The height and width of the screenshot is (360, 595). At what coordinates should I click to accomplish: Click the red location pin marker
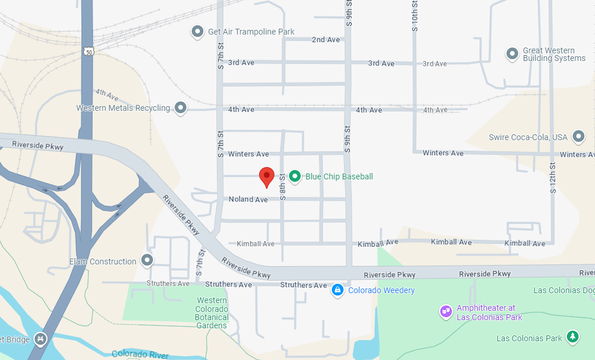coord(267,176)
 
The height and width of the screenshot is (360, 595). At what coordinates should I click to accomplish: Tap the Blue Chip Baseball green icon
coord(295,176)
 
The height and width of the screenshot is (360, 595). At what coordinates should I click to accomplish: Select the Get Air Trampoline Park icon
coord(198,32)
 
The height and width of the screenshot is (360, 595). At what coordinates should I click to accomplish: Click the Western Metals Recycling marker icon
coord(181,108)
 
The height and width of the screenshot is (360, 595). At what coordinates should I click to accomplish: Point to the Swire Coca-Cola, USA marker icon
coord(579,137)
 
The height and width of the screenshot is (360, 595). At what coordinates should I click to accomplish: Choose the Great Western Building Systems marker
coord(512,54)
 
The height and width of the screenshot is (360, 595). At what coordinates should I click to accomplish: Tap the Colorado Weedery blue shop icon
coord(337,290)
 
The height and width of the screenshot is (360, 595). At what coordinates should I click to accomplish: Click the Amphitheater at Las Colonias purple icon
coord(446,311)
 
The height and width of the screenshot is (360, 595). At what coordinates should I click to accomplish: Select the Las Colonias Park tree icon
coord(573,337)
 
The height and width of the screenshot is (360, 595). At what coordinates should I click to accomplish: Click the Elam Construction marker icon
coord(147,260)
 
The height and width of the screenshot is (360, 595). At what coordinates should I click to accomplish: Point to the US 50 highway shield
coord(87,51)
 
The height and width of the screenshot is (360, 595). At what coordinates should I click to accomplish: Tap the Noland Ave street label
coord(248,199)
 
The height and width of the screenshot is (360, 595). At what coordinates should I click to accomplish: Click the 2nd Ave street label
coord(326,40)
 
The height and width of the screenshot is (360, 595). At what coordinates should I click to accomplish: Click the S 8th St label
coord(283,186)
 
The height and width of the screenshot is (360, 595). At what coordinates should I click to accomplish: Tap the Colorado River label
coord(140,355)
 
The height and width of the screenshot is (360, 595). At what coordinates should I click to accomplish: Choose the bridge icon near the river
coord(40,338)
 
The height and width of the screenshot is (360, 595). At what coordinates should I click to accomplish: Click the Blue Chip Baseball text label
coord(339,176)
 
